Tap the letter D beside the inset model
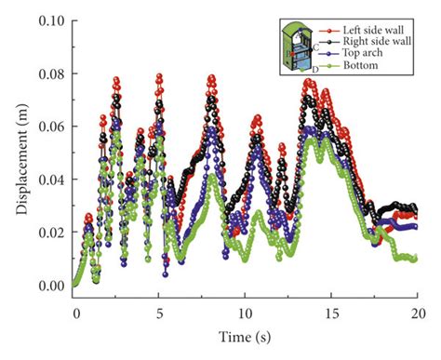315,70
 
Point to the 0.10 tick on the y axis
52,20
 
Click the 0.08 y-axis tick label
52,73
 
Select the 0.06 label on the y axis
52,127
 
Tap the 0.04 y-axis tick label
52,180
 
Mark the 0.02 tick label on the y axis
52,233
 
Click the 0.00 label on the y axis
52,286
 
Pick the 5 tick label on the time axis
160,313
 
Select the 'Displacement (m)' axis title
20,153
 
